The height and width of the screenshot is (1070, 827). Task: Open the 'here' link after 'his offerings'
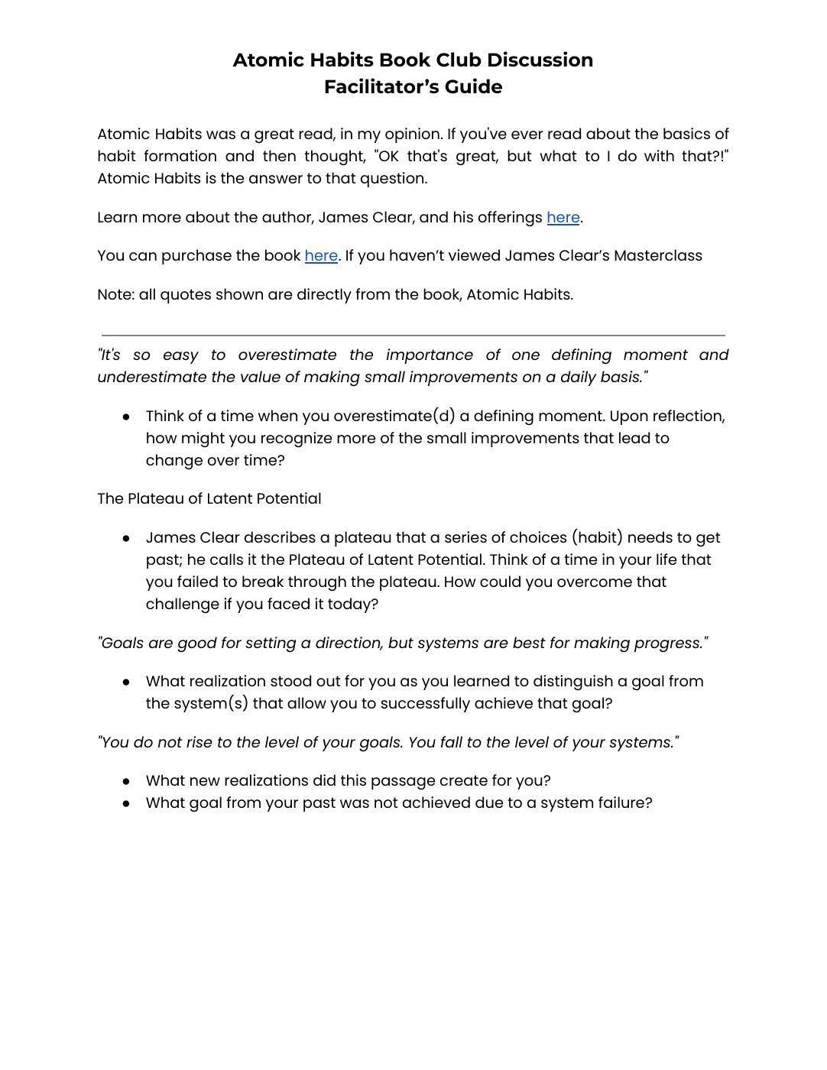(563, 218)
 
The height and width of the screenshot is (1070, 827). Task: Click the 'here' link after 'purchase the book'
(321, 256)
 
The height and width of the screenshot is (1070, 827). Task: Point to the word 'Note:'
(115, 295)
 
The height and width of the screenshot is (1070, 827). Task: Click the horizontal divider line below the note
(413, 335)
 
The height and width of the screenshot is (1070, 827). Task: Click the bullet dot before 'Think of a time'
(126, 417)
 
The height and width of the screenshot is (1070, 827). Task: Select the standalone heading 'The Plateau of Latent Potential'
(209, 499)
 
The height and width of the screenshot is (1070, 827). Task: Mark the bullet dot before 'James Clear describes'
(126, 539)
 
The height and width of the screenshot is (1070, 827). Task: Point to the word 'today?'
(353, 605)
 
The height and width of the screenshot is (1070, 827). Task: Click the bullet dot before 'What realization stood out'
(126, 683)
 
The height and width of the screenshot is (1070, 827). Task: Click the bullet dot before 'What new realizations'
(126, 782)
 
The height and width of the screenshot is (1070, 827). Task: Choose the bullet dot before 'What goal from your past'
(126, 804)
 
